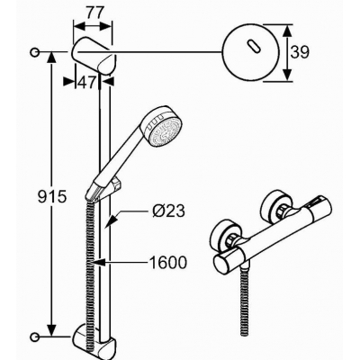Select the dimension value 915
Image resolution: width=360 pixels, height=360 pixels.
tap(52, 197)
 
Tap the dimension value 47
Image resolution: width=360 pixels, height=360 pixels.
tap(86, 81)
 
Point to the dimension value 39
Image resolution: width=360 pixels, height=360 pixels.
tap(299, 52)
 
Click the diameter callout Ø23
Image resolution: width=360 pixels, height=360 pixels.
tap(168, 211)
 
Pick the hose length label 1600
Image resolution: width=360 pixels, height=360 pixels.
tap(168, 263)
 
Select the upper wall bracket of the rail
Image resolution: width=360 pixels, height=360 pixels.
tap(94, 57)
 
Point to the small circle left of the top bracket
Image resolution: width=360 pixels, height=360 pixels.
tap(34, 52)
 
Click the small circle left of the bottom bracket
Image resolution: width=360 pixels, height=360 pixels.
tap(34, 336)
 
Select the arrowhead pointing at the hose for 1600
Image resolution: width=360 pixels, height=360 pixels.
tap(99, 263)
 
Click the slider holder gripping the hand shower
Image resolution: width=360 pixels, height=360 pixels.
tap(116, 186)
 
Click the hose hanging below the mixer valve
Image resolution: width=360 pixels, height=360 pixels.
tap(244, 301)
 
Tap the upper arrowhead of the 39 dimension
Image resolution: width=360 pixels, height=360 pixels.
tap(287, 32)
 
